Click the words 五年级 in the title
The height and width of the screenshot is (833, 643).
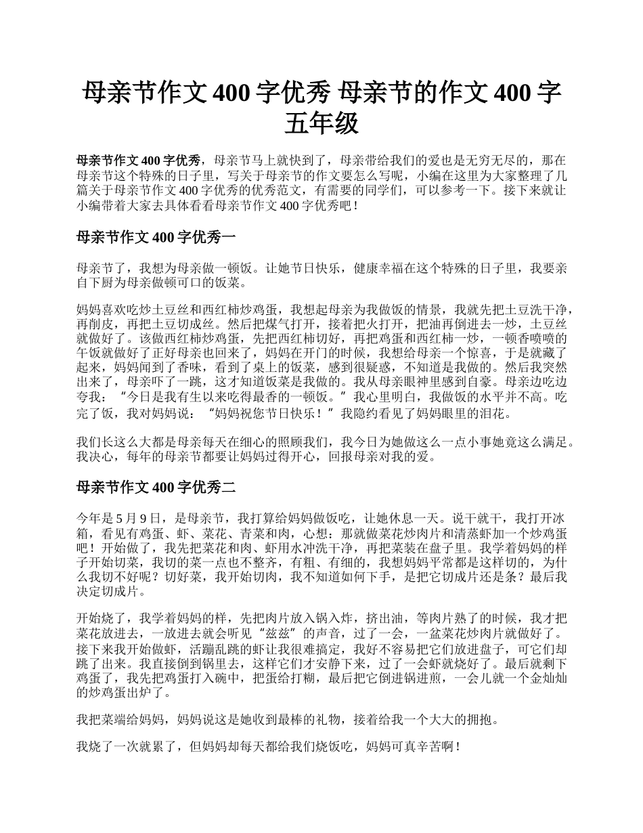tap(321, 124)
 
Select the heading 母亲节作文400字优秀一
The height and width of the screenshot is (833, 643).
tap(156, 236)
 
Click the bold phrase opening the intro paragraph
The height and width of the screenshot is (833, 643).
tap(139, 161)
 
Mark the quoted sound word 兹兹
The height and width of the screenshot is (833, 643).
tap(283, 633)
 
